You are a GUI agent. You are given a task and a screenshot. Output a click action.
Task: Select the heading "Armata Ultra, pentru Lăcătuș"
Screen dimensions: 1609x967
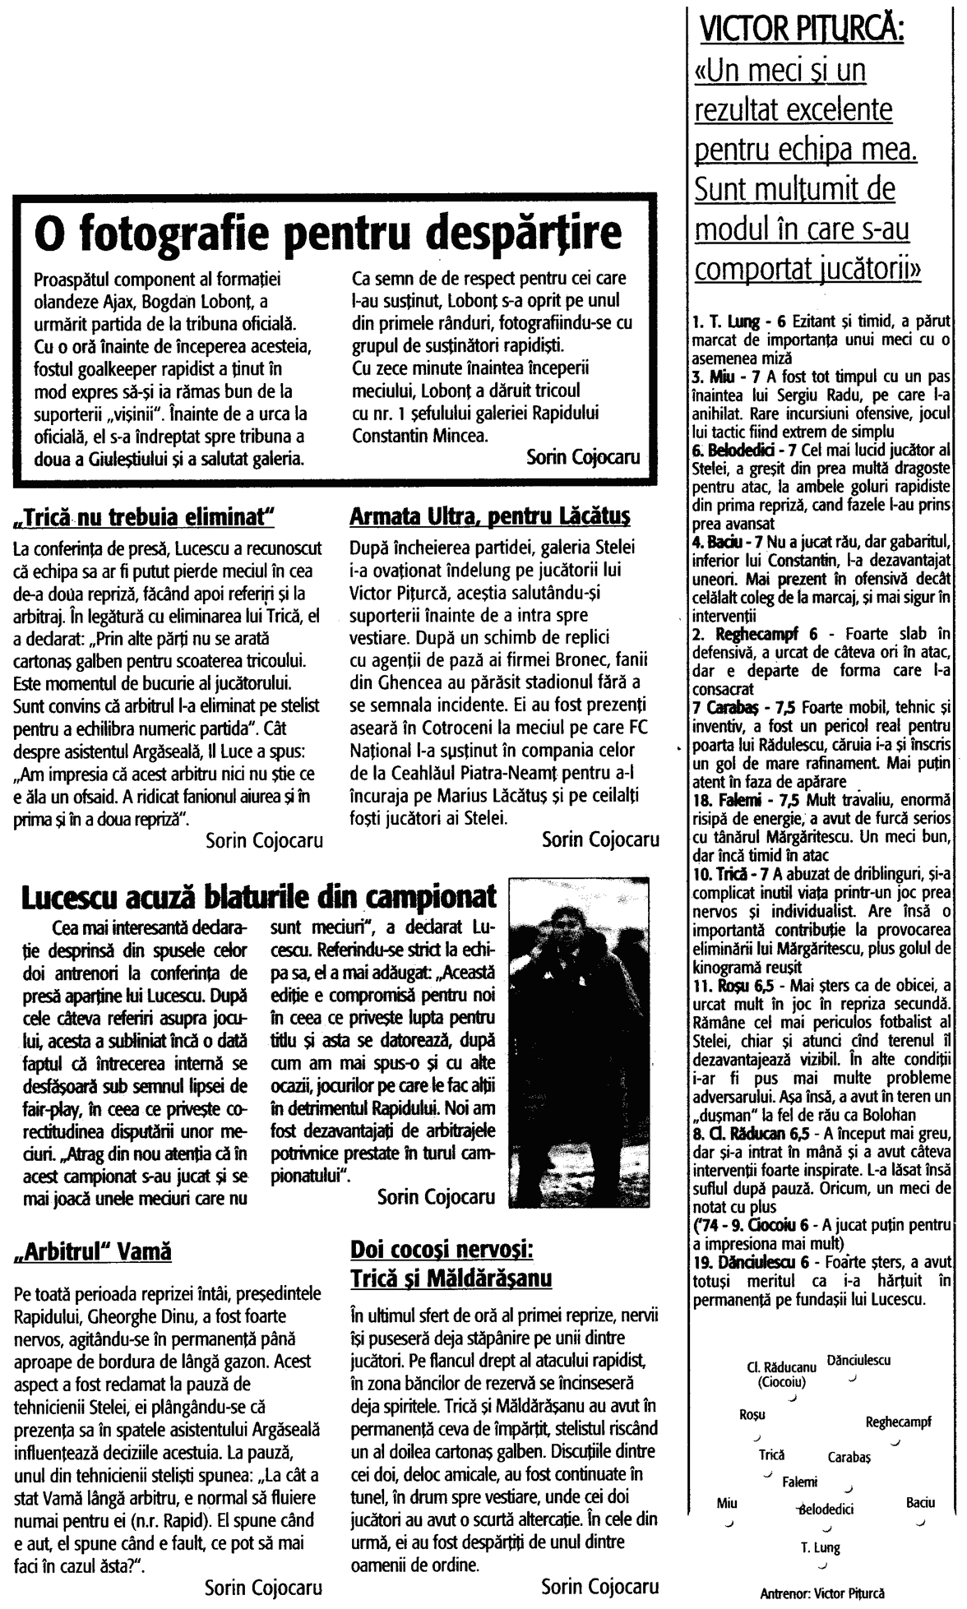[x=490, y=516]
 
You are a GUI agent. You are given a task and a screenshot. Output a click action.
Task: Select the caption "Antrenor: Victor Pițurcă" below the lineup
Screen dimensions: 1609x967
[x=822, y=1592]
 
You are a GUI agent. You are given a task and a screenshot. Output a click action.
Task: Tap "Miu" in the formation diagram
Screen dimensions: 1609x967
[x=726, y=1502]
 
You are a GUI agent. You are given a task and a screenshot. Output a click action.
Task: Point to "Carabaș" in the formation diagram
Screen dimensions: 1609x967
[x=849, y=1456]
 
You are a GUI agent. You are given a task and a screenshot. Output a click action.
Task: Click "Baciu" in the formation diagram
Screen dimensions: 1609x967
[x=920, y=1502]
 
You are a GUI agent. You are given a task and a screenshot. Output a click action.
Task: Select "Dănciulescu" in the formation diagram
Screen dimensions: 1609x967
[x=858, y=1360]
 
